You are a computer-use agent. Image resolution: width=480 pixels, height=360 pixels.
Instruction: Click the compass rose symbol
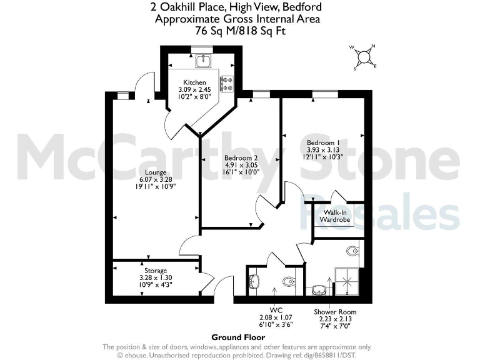tap(363, 56)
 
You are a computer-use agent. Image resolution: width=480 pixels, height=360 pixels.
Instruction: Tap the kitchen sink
tap(204, 61)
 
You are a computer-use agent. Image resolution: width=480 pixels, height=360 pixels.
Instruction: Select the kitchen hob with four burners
tap(226, 82)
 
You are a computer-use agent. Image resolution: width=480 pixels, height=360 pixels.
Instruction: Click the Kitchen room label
tap(194, 83)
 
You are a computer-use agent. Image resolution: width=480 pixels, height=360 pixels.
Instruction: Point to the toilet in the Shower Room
tap(353, 252)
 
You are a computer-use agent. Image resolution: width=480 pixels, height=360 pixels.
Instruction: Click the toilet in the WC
tap(289, 282)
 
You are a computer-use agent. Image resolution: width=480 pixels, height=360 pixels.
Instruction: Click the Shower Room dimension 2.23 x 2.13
tap(336, 319)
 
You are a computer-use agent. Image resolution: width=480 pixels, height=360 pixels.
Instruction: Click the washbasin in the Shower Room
tap(319, 289)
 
